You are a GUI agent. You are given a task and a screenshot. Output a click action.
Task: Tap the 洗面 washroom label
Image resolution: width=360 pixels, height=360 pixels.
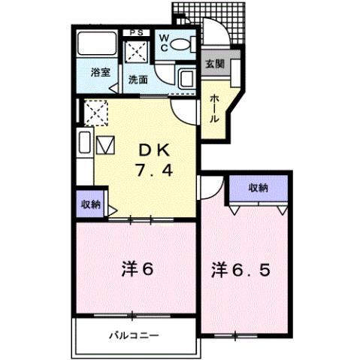pyautogui.click(x=138, y=78)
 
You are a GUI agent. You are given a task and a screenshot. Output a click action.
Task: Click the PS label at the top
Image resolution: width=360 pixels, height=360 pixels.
pyautogui.click(x=138, y=32)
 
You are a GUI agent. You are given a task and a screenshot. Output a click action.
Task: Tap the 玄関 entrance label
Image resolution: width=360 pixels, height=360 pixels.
pyautogui.click(x=215, y=63)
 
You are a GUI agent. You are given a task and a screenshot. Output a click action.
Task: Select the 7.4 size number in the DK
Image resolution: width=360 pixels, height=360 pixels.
pyautogui.click(x=156, y=170)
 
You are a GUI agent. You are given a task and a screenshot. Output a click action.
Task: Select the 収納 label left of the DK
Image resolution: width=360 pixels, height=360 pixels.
pyautogui.click(x=89, y=203)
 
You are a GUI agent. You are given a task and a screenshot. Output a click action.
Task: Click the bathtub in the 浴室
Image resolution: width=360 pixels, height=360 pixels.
pyautogui.click(x=96, y=45)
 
